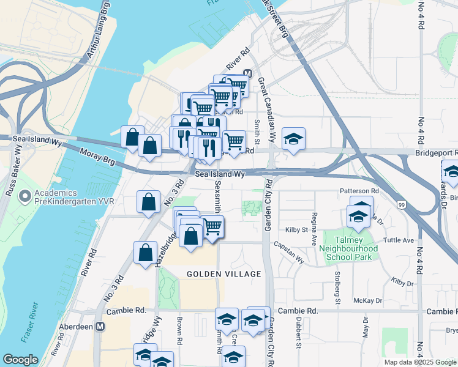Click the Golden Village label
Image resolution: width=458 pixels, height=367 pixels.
224,274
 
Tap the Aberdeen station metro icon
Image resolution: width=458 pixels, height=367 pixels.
100,327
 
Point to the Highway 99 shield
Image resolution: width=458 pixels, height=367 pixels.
400,204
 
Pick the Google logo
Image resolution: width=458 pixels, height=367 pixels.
21,360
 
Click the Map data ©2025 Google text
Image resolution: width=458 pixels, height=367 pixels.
420,362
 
